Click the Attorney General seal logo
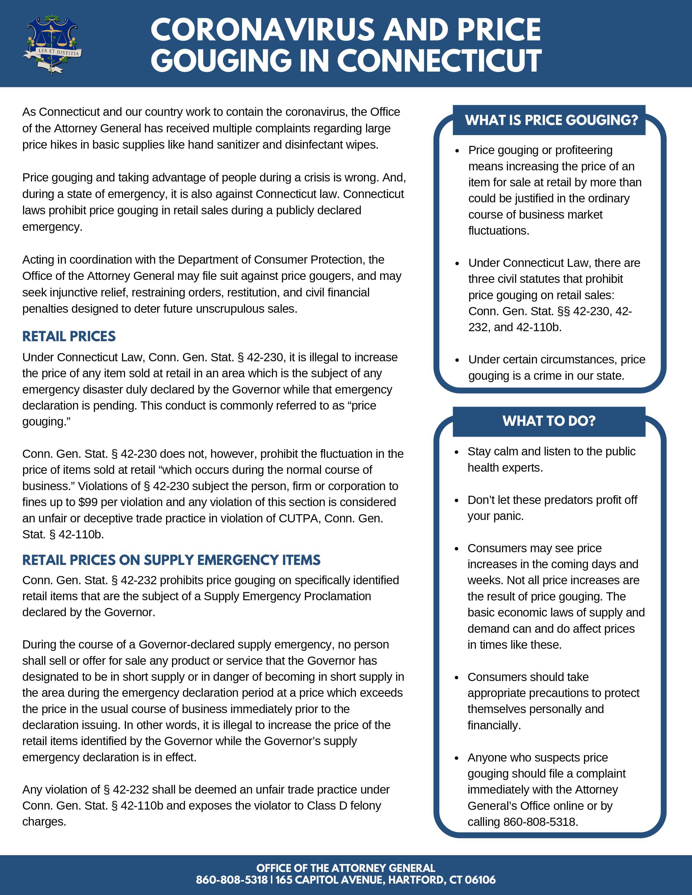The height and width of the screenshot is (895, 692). [52, 44]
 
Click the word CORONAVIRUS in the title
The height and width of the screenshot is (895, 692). [263, 30]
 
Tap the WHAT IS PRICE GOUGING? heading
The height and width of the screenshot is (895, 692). [551, 120]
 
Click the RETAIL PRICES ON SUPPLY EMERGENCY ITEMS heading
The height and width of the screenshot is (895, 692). [171, 560]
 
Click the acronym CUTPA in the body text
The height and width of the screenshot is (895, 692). [298, 518]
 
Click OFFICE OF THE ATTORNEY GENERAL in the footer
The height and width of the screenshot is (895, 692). [345, 868]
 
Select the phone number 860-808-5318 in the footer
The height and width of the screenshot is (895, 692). [232, 880]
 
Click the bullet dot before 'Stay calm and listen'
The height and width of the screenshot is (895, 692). [456, 452]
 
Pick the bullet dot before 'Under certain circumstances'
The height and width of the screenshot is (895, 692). [457, 360]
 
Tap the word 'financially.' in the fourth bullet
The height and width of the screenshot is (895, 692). [494, 725]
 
